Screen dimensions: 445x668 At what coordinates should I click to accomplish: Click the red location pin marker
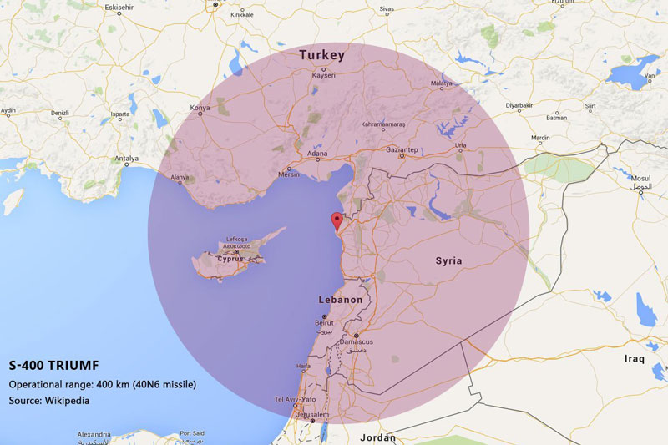pos(337,221)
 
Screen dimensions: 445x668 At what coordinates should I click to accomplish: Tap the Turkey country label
pos(321,55)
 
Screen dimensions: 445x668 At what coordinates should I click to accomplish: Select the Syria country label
pos(448,261)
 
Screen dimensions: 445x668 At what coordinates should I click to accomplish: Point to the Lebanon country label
pos(341,300)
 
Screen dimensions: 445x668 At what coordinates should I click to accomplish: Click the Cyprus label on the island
pos(230,259)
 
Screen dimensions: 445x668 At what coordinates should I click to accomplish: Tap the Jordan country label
pos(377,437)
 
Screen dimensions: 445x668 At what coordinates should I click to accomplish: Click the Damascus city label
pos(356,341)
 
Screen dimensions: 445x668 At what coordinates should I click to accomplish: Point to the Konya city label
pos(200,108)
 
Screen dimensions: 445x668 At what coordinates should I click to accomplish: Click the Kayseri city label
pos(323,75)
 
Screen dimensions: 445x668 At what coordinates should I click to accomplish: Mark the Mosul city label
pos(640,179)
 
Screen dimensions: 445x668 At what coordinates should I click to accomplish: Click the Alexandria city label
pos(94,435)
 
